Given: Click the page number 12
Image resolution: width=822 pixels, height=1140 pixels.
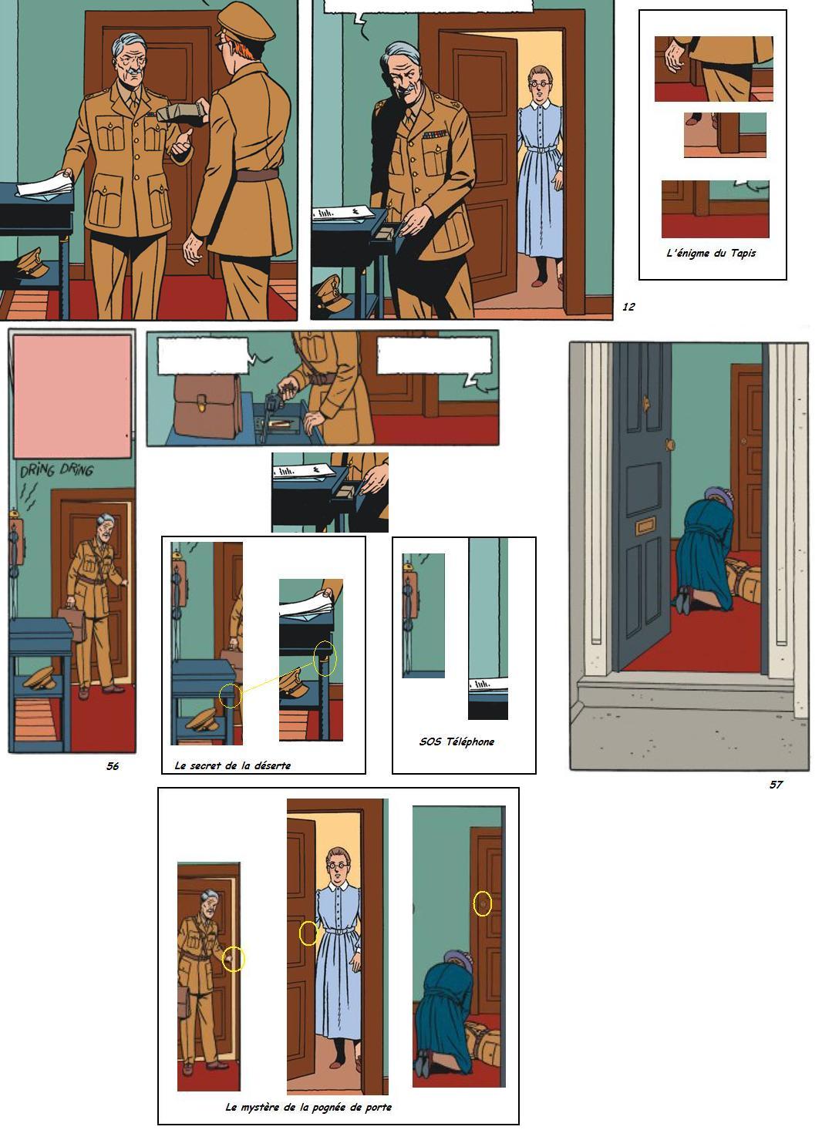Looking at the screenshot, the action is pyautogui.click(x=628, y=306).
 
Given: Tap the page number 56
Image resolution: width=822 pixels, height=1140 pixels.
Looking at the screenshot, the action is pyautogui.click(x=113, y=766).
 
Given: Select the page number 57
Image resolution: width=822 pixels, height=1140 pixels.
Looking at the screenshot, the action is pyautogui.click(x=775, y=784).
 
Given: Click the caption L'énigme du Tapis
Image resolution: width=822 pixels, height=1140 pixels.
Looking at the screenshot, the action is pyautogui.click(x=711, y=253).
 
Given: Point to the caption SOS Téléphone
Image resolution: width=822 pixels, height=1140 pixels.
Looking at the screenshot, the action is pyautogui.click(x=456, y=742).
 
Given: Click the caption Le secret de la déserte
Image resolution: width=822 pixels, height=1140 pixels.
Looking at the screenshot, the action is pyautogui.click(x=232, y=765).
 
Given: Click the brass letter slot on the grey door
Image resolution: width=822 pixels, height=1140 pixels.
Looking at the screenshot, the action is pyautogui.click(x=645, y=526).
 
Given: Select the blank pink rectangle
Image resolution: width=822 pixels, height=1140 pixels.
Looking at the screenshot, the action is pyautogui.click(x=72, y=396).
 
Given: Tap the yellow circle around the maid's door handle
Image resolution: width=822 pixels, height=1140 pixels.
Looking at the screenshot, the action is pyautogui.click(x=308, y=933).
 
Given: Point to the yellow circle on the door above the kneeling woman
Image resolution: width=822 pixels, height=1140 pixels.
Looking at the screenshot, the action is pyautogui.click(x=482, y=904).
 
